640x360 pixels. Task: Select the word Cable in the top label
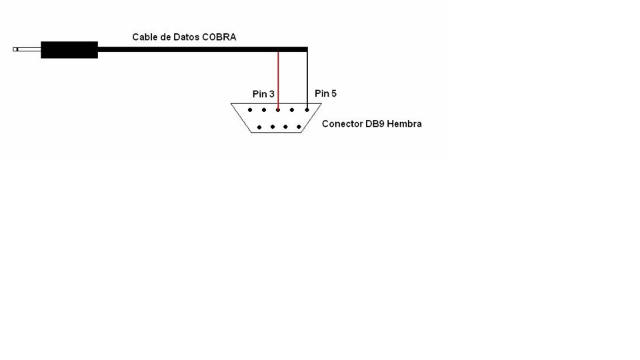point(144,37)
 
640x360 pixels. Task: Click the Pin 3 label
point(263,95)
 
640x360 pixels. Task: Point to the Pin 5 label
point(325,93)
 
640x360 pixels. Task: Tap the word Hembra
point(406,124)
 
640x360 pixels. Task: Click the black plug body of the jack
point(69,49)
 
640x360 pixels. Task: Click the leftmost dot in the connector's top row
point(249,110)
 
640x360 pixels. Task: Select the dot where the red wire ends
point(278,110)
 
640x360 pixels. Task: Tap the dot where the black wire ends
point(307,110)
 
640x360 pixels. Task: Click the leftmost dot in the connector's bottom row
point(259,127)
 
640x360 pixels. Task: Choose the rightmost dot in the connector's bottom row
point(298,127)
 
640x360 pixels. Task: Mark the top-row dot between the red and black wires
point(292,110)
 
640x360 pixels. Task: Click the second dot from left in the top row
point(264,110)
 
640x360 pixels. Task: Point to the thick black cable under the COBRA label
point(200,49)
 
